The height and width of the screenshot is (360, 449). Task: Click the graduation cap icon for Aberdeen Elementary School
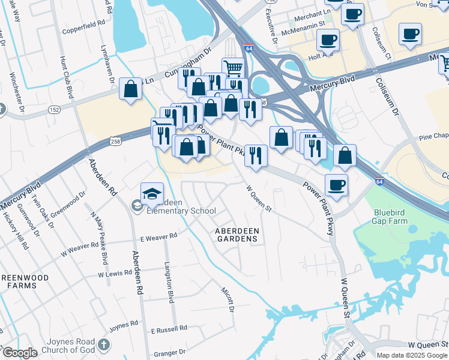tap(152, 193)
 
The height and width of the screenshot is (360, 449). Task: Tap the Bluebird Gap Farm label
tap(390, 217)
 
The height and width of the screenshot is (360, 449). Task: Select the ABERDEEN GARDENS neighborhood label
tap(237, 235)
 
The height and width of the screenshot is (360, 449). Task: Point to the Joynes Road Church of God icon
tap(104, 344)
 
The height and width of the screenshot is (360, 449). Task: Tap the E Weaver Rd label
tap(158, 236)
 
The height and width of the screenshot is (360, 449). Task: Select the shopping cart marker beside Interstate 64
tap(233, 67)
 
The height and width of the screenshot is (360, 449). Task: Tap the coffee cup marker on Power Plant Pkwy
tap(336, 185)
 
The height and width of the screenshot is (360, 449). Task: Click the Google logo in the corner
tap(19, 353)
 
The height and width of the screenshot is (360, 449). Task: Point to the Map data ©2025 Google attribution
tap(412, 355)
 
